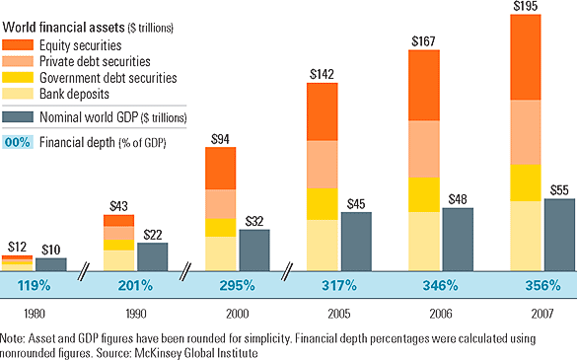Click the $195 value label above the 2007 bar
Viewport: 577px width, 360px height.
527,7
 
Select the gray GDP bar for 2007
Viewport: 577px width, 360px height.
559,247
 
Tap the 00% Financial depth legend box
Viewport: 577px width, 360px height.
18,141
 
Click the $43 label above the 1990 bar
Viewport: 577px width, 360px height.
118,206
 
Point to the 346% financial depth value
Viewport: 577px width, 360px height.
439,286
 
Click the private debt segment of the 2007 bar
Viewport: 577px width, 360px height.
526,132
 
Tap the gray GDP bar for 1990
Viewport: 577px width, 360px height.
152,256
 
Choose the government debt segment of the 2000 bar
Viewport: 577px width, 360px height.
220,228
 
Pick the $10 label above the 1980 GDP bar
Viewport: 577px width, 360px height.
51,250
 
